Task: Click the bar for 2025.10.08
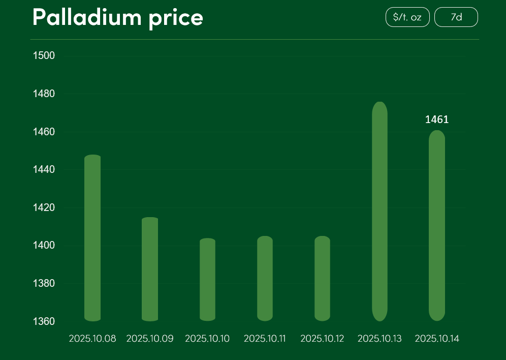coord(92,238)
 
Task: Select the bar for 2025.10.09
coord(150,269)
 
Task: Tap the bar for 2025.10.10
coord(207,280)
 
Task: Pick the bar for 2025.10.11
coord(265,279)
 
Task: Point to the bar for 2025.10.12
coord(322,279)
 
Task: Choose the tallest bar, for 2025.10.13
coord(379,212)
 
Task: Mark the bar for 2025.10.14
coord(437,226)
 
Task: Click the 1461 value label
coord(437,120)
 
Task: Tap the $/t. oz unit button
coord(407,17)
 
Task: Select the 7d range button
coord(456,17)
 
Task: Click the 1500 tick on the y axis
coord(44,55)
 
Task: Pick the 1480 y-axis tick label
coord(44,94)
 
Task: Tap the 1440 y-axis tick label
coord(44,170)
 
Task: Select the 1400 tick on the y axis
coord(44,246)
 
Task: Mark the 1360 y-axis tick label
coord(44,321)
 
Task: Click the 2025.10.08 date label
coord(92,339)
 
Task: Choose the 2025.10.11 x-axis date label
coord(265,339)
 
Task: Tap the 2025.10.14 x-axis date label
coord(437,339)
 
